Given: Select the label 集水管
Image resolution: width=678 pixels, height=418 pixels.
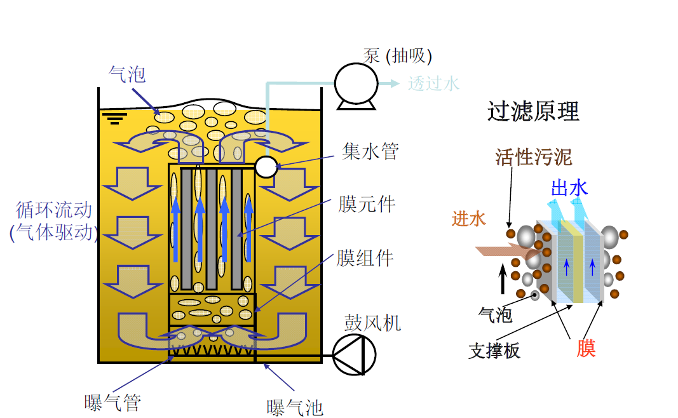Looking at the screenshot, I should (370, 152).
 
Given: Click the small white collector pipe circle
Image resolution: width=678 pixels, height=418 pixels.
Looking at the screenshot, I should (266, 167).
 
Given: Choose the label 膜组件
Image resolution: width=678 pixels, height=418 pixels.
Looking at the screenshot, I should (365, 258).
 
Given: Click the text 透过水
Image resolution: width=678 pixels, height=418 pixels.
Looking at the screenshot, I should (433, 83).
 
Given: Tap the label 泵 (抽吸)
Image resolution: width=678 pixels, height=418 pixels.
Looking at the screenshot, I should (398, 56).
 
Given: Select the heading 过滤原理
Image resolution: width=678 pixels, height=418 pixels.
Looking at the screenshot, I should (534, 112).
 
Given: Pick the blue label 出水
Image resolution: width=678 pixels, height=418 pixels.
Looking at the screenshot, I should (569, 188).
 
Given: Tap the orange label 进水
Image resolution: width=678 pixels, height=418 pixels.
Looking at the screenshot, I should (469, 219).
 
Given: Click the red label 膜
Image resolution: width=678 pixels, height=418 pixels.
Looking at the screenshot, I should (586, 348).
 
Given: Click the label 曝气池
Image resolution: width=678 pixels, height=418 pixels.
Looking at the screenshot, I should (295, 407).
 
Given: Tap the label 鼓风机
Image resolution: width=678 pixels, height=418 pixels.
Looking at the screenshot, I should (373, 323).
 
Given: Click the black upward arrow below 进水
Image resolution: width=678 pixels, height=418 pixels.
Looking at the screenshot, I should (503, 280).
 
